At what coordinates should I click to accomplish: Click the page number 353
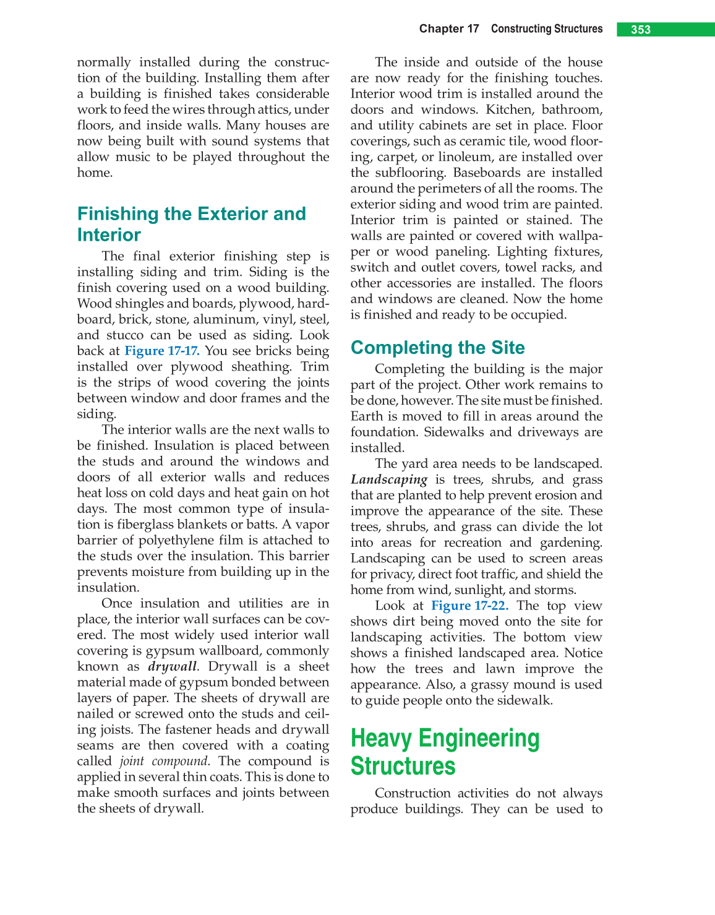point(641,30)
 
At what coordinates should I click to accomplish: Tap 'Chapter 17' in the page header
point(449,29)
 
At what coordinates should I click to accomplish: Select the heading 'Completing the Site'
point(437,348)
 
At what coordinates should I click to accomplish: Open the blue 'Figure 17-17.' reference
point(162,351)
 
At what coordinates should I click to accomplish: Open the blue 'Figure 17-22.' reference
point(469,606)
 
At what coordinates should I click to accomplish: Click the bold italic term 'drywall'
point(173,667)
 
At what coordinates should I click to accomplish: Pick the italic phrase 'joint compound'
point(164,762)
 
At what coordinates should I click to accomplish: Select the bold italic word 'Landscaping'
point(389,479)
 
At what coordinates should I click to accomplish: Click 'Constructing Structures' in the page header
point(547,29)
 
